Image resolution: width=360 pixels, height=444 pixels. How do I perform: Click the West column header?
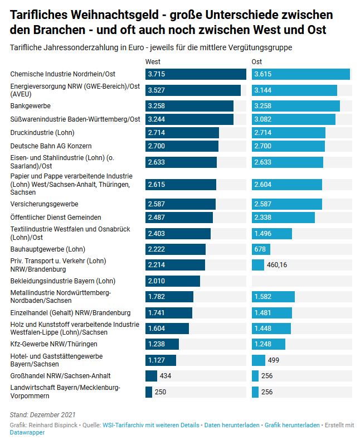(153, 61)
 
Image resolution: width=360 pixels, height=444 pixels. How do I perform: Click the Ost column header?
(257, 61)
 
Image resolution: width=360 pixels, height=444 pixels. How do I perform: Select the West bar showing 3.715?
(196, 74)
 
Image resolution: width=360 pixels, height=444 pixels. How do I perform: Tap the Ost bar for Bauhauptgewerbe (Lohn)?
(261, 249)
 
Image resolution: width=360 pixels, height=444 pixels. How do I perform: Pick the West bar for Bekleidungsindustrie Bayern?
(172, 281)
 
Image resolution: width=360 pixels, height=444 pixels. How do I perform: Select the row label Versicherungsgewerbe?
(44, 204)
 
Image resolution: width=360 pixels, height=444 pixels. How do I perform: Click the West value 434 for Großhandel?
(166, 375)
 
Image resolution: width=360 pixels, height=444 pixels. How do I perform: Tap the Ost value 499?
(274, 360)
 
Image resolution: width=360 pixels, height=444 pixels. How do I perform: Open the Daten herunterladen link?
(232, 425)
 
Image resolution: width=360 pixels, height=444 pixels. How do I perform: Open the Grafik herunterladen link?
(292, 425)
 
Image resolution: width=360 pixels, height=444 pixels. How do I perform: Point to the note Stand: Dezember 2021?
(42, 414)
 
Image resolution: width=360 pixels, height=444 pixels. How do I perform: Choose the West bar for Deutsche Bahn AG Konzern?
(182, 146)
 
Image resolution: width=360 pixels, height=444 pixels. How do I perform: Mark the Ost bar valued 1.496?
(273, 234)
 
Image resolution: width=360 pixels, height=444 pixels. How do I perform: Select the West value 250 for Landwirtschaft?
(160, 392)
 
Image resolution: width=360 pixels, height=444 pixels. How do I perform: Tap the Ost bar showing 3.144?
(294, 90)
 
